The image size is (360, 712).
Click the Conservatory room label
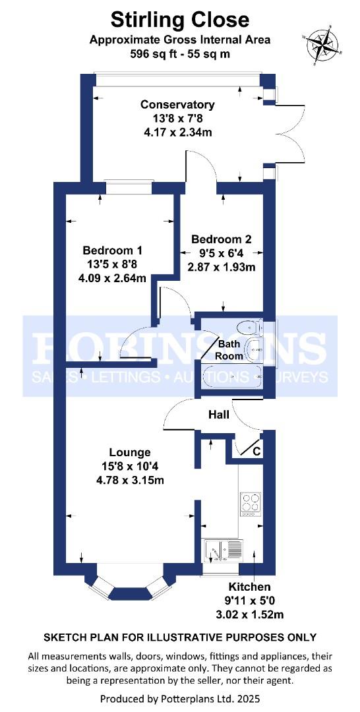coord(177,104)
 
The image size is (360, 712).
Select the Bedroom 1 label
coord(112,251)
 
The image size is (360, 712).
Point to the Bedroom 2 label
coord(221,239)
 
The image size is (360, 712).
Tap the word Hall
coord(218,415)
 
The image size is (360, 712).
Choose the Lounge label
coord(130,452)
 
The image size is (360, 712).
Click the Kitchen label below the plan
coord(249,587)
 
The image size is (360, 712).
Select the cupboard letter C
coord(256,452)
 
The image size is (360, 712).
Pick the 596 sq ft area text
coord(179,54)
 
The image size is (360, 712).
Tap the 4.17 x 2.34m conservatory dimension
coord(177,132)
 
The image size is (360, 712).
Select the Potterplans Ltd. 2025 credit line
coord(179,697)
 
